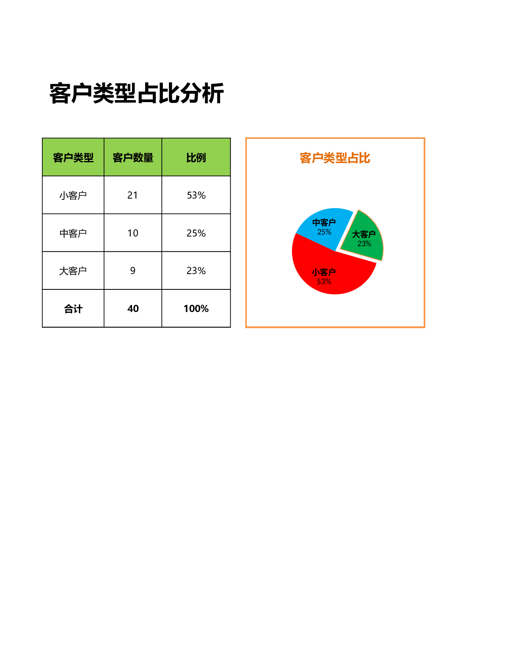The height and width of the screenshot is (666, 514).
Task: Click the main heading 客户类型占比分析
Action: click(x=137, y=93)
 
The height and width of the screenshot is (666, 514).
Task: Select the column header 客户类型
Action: click(x=73, y=157)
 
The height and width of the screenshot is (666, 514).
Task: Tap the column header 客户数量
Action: click(x=133, y=157)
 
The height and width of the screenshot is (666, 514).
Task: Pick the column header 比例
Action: click(x=196, y=157)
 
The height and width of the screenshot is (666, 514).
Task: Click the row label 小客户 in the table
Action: click(x=73, y=195)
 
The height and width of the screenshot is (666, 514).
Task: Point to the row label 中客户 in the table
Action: click(x=73, y=233)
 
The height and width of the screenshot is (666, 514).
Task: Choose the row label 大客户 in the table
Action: click(x=73, y=271)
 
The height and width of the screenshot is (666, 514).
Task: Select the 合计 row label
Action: click(x=73, y=309)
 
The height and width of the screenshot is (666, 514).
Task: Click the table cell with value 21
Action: click(x=133, y=195)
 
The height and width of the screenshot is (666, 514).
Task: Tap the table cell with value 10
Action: click(x=133, y=233)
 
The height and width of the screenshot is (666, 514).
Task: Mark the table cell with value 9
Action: click(x=133, y=270)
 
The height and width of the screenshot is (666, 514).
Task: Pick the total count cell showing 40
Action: click(x=133, y=308)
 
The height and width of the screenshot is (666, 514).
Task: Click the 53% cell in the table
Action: click(x=196, y=195)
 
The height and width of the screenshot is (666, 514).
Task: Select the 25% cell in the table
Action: click(x=196, y=233)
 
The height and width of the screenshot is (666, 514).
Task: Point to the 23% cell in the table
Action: click(x=196, y=270)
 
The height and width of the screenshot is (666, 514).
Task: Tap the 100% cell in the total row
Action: click(x=196, y=308)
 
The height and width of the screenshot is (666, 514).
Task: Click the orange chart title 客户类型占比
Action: click(x=335, y=158)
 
